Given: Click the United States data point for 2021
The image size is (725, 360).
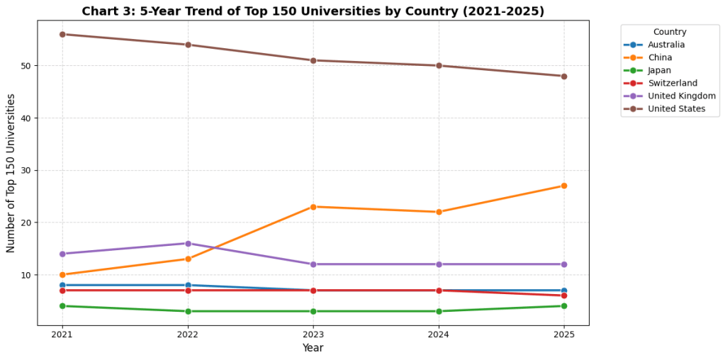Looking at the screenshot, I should pos(62,34).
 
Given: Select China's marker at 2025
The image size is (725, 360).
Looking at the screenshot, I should pos(563,186).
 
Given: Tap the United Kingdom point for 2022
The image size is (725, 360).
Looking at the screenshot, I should pos(188,243).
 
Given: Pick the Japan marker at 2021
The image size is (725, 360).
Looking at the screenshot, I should pos(62,305).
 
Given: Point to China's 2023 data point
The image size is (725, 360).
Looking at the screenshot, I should pos(313,206).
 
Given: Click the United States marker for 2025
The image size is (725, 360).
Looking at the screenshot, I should pos(563,76).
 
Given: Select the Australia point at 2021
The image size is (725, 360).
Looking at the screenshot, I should pos(62,285).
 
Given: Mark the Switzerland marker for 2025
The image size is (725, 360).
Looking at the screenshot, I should pos(563,296).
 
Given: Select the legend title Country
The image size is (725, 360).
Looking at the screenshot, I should pos(669,32).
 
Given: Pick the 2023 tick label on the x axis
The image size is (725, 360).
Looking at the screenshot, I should pos(313,334).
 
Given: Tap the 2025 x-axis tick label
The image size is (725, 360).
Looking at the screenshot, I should pos(563,334).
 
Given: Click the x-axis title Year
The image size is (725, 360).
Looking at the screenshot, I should pos(313,348).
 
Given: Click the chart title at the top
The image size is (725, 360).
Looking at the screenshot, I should pos(313,11).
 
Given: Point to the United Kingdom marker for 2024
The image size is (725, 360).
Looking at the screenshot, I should pos(439,264).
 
